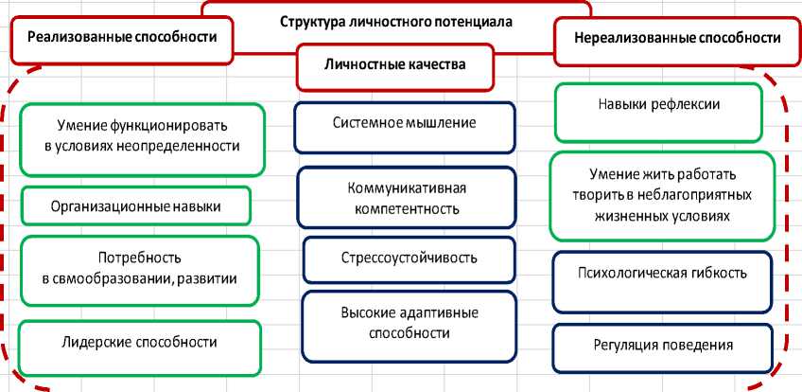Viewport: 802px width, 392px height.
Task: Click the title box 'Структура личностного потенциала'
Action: (396, 19)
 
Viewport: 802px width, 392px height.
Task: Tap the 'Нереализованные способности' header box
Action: (677, 39)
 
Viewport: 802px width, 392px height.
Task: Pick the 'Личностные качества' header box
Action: (395, 64)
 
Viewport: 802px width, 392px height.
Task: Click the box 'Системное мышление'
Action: (404, 123)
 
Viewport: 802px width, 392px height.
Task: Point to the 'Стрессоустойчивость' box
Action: (409, 258)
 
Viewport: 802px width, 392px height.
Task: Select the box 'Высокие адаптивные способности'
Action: (409, 323)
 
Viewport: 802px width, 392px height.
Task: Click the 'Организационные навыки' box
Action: (136, 204)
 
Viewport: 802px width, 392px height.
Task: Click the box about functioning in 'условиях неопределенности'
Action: (141, 136)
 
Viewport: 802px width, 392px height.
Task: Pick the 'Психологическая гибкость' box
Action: (662, 274)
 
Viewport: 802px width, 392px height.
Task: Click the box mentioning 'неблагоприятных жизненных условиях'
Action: (661, 196)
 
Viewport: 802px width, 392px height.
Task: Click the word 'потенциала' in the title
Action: (469, 19)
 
